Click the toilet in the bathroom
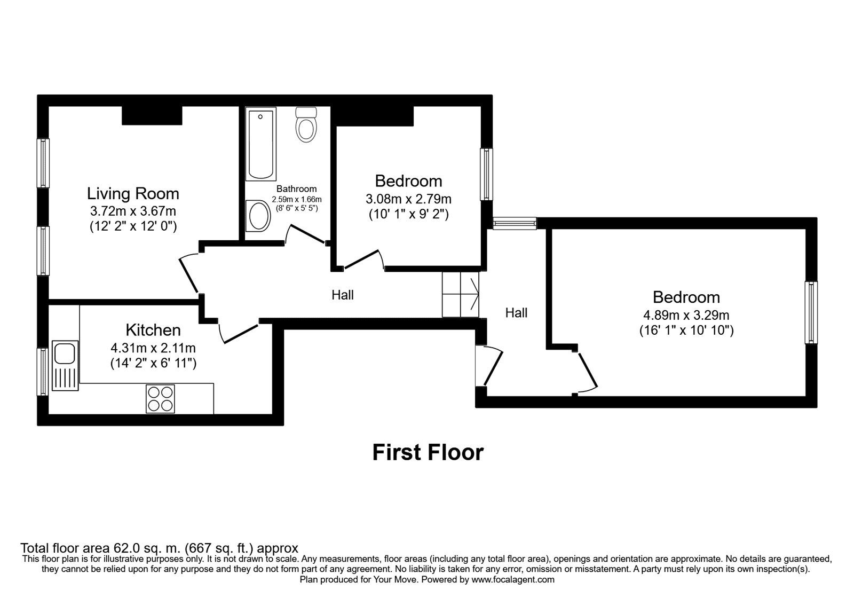pos(306,124)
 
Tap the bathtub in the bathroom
pos(261,145)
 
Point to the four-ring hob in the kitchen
pos(160,398)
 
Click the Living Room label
pos(133,193)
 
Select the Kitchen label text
pos(153,329)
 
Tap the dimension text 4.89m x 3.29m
pos(686,315)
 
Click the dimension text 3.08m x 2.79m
pos(408,199)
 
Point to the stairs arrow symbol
pos(473,294)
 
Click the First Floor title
pos(428,452)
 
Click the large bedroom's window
pos(811,312)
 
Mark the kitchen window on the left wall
pos(43,372)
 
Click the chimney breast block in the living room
pos(152,115)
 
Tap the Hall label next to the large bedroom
pos(516,313)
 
